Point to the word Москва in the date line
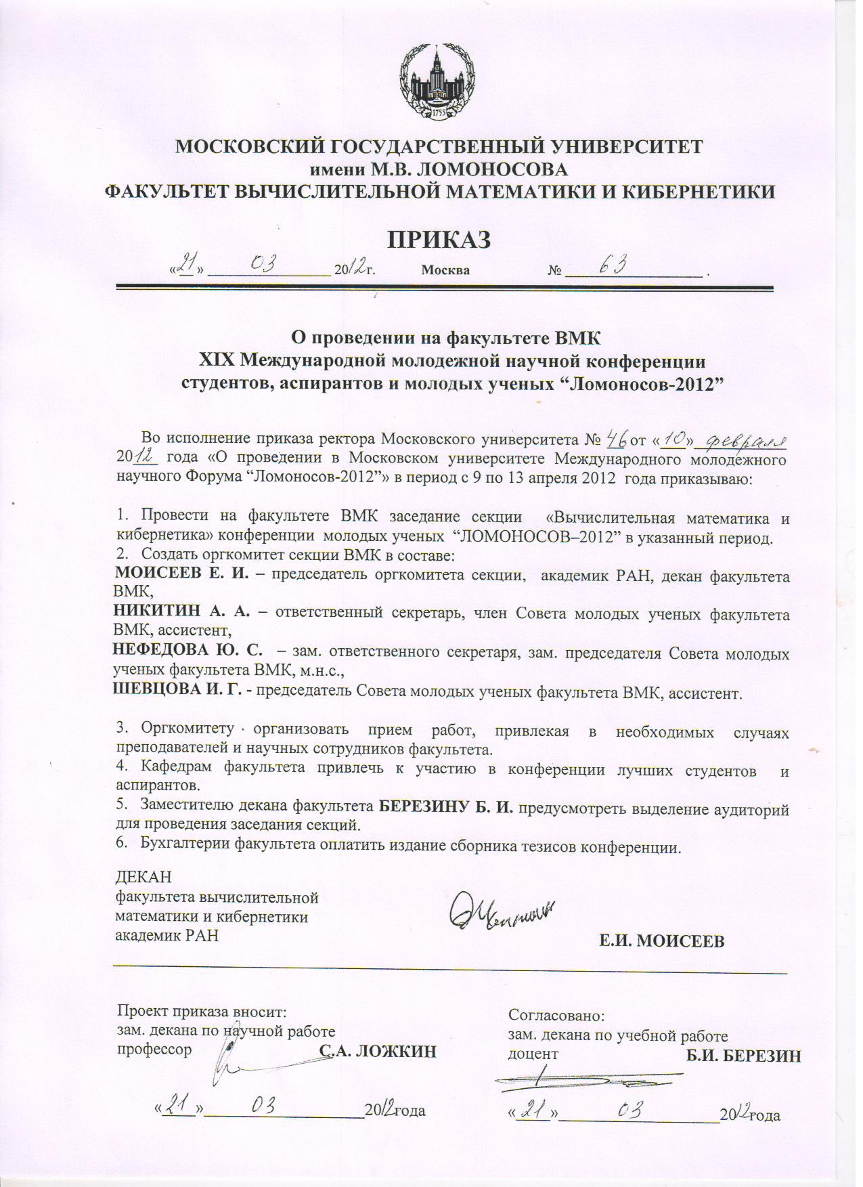click(x=445, y=270)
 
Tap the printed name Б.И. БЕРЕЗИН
click(x=743, y=1055)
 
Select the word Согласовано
click(x=555, y=1016)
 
